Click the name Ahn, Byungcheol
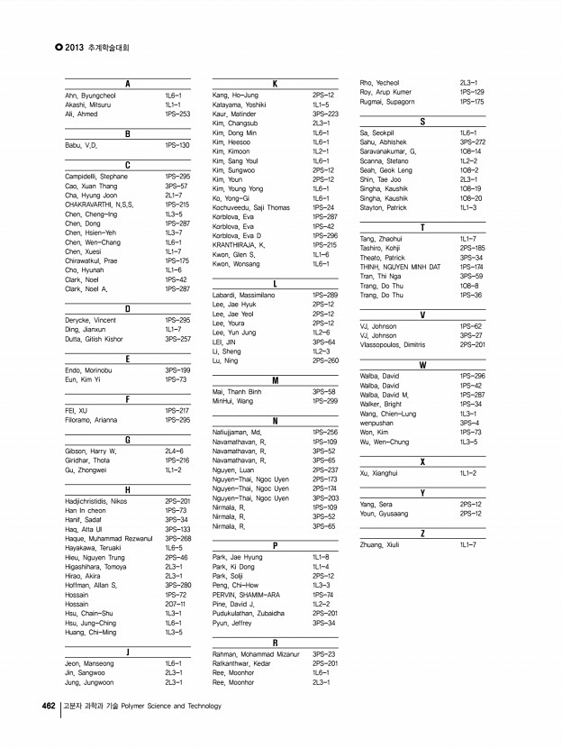[91, 95]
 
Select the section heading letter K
[274, 84]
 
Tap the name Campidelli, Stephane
[97, 177]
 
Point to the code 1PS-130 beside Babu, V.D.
[177, 144]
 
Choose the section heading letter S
[422, 121]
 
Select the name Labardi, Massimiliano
[249, 295]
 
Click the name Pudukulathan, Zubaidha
[249, 613]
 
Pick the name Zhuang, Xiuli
[379, 544]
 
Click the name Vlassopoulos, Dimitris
[392, 344]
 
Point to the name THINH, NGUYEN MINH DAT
[400, 267]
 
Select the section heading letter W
[422, 365]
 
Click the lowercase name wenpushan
[376, 423]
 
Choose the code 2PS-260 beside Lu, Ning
[324, 360]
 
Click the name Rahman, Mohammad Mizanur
[256, 653]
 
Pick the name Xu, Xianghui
[378, 472]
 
